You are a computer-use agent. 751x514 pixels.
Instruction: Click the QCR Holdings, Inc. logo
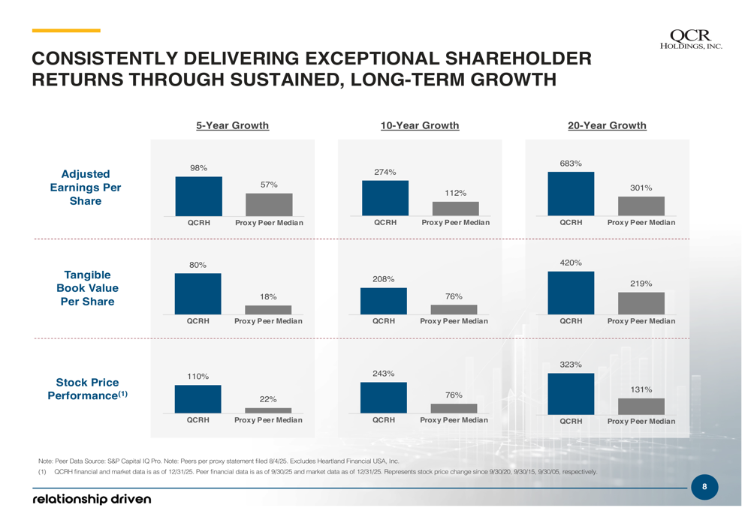(x=695, y=38)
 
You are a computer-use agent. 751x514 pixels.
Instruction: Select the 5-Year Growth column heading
(x=232, y=125)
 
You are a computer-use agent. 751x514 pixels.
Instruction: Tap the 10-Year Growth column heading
(x=420, y=125)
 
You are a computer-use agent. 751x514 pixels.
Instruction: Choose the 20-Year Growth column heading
(x=607, y=125)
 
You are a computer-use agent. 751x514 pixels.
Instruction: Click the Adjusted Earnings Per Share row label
(x=86, y=188)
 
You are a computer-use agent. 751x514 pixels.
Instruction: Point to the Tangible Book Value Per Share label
(x=87, y=288)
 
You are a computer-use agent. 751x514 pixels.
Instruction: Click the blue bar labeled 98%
(x=199, y=197)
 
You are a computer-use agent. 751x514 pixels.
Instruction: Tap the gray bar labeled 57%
(x=269, y=205)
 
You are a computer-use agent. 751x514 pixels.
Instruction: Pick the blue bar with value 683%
(x=571, y=194)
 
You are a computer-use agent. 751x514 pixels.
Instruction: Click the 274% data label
(x=385, y=172)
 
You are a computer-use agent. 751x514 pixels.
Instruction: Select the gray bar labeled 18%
(x=268, y=310)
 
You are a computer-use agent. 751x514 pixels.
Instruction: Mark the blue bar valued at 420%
(x=571, y=293)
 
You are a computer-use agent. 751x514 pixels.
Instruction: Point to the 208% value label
(x=383, y=279)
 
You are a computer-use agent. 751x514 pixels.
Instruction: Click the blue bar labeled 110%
(x=198, y=399)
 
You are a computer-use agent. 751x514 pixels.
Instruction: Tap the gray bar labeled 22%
(x=268, y=410)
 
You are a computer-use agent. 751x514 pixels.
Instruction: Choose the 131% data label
(x=641, y=389)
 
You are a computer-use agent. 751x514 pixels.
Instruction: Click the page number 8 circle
(x=704, y=487)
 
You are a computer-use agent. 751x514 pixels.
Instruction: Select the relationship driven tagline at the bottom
(x=91, y=499)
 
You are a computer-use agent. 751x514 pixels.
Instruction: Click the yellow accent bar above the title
(x=66, y=31)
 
